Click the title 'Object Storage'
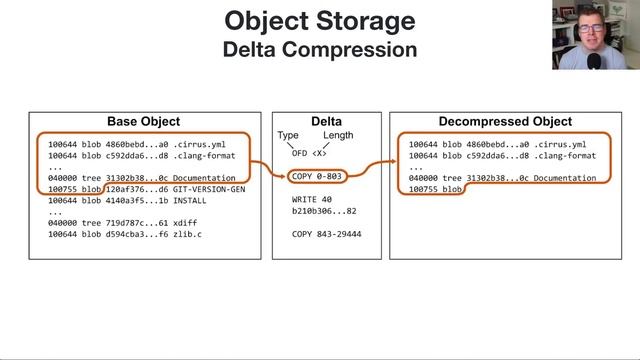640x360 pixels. [x=320, y=20]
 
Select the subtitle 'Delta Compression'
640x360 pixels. [x=320, y=47]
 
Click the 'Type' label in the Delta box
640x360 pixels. [x=288, y=136]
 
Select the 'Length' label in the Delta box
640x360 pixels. [x=338, y=136]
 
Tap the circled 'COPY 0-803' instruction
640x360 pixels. [x=316, y=177]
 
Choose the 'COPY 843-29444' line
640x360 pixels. [x=325, y=233]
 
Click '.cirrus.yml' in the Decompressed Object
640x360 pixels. [x=561, y=144]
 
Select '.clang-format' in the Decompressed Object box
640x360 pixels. [x=565, y=155]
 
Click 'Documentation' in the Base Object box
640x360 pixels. [x=203, y=178]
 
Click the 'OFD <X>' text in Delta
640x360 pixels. [x=307, y=154]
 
